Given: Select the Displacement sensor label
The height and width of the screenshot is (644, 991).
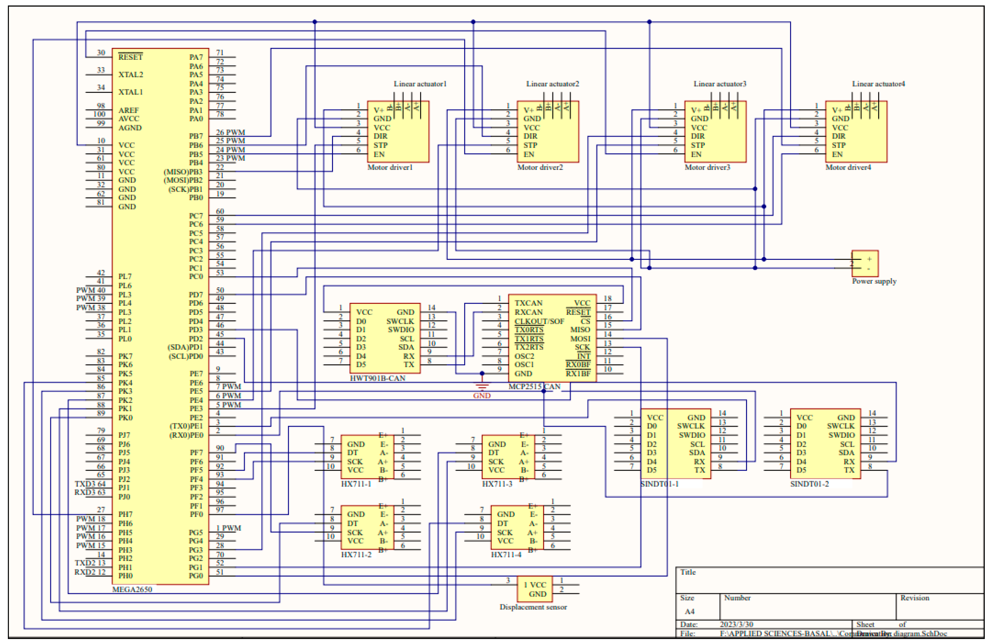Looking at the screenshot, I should coord(533,607).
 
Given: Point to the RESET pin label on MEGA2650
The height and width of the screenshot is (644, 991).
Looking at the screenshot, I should coord(130,57).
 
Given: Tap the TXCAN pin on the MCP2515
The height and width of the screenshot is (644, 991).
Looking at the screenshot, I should coord(528,303).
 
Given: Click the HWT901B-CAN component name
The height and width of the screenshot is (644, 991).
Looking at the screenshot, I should coord(377,378).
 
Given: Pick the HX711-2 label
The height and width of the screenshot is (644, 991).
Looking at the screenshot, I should coord(356,555).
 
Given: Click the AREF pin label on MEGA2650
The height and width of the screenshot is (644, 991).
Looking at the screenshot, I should coord(128,110).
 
